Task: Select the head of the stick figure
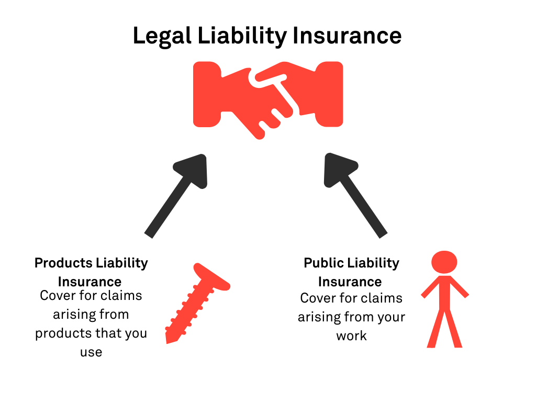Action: tap(444, 262)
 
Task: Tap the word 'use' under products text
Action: tap(91, 352)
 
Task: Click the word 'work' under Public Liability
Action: tap(351, 336)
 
